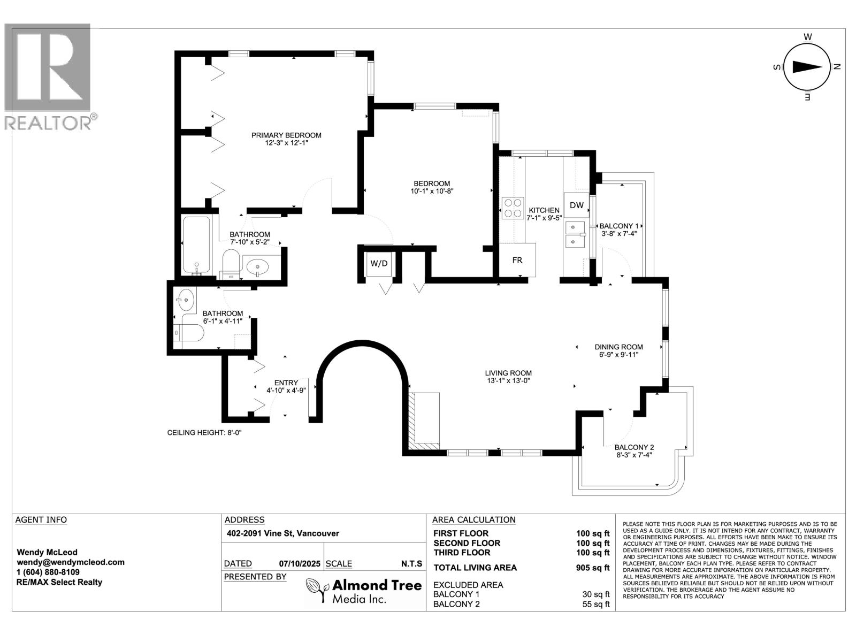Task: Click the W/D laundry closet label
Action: [379, 263]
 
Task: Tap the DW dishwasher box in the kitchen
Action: [576, 205]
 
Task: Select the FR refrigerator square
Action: [517, 260]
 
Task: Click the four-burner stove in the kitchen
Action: [513, 208]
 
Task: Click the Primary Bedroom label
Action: [286, 135]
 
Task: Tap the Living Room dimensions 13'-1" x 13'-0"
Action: [508, 381]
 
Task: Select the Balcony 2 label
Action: [634, 447]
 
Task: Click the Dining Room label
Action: [618, 347]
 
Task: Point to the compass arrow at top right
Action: [807, 67]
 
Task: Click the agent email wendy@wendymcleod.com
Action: [71, 562]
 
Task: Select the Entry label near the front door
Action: [286, 383]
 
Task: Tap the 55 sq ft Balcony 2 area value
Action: [595, 604]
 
